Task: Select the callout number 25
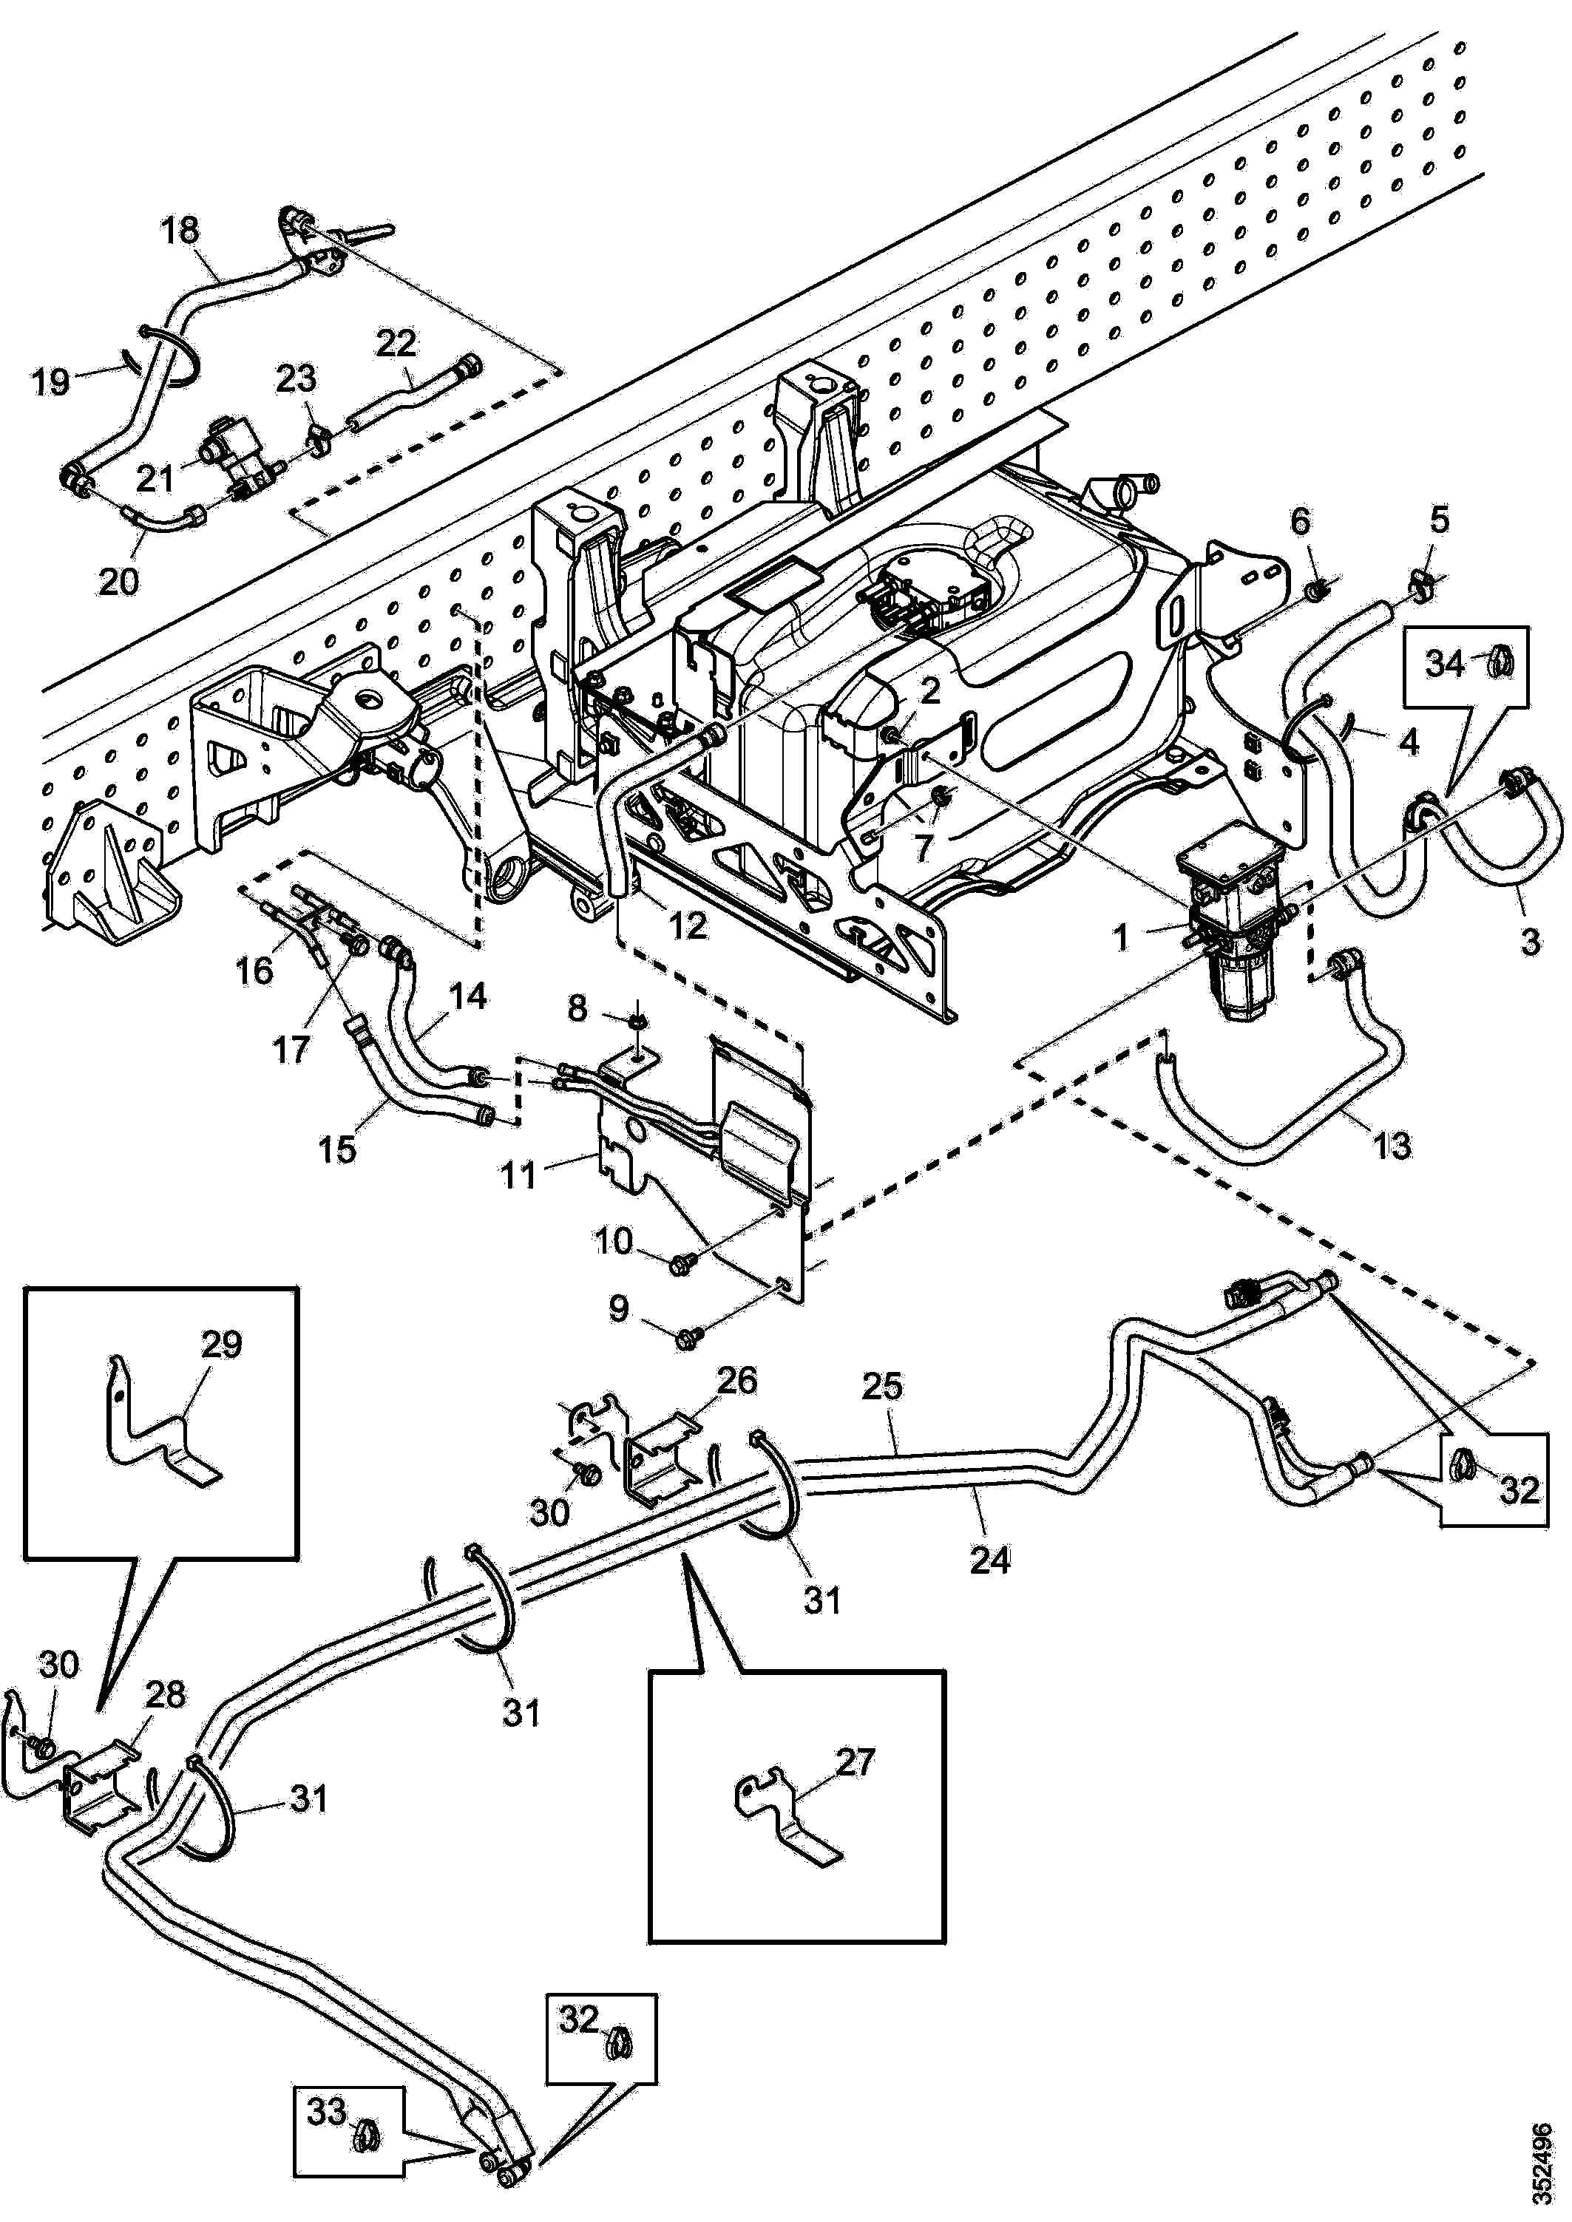[x=883, y=1386]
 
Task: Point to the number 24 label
[x=989, y=1560]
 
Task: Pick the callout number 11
[x=520, y=1177]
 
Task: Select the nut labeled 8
[x=635, y=1020]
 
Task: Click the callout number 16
[x=254, y=970]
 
